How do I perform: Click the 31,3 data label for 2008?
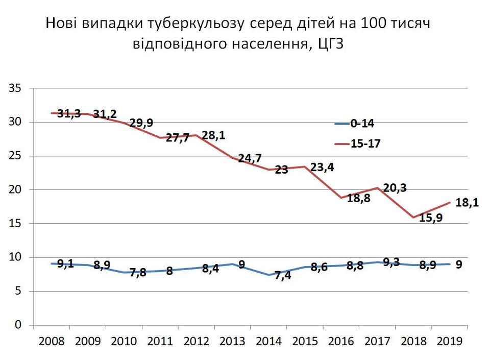point(69,114)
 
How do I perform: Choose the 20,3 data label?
point(395,188)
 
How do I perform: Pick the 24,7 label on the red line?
point(250,158)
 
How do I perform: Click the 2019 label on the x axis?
point(449,341)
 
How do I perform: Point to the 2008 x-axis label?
point(51,341)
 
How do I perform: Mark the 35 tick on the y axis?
point(14,88)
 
